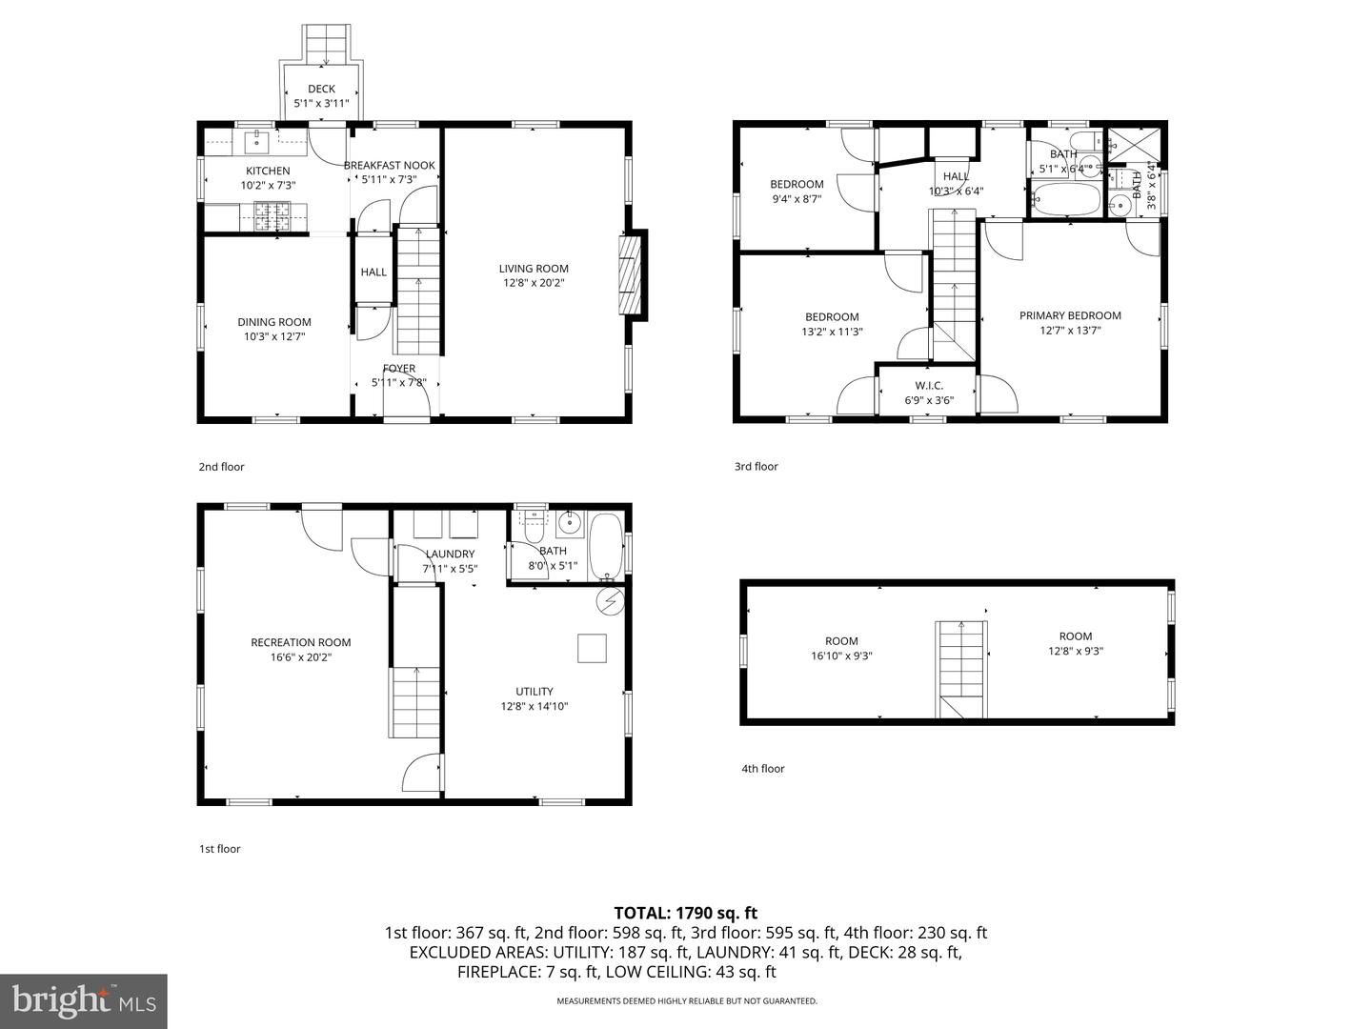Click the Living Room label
coord(534,269)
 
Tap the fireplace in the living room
coord(629,275)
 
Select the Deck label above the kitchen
coord(321,89)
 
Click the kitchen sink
coord(256,143)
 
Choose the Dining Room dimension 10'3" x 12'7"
coord(273,336)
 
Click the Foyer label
coord(398,369)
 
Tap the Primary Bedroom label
coord(1070,315)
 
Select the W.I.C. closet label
coord(928,386)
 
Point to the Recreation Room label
coord(301,642)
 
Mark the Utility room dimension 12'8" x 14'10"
coord(535,707)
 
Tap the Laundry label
coord(450,554)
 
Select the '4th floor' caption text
coord(763,769)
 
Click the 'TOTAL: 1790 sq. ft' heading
coord(685,914)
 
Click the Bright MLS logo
coord(84,1000)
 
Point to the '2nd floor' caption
coord(221,467)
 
